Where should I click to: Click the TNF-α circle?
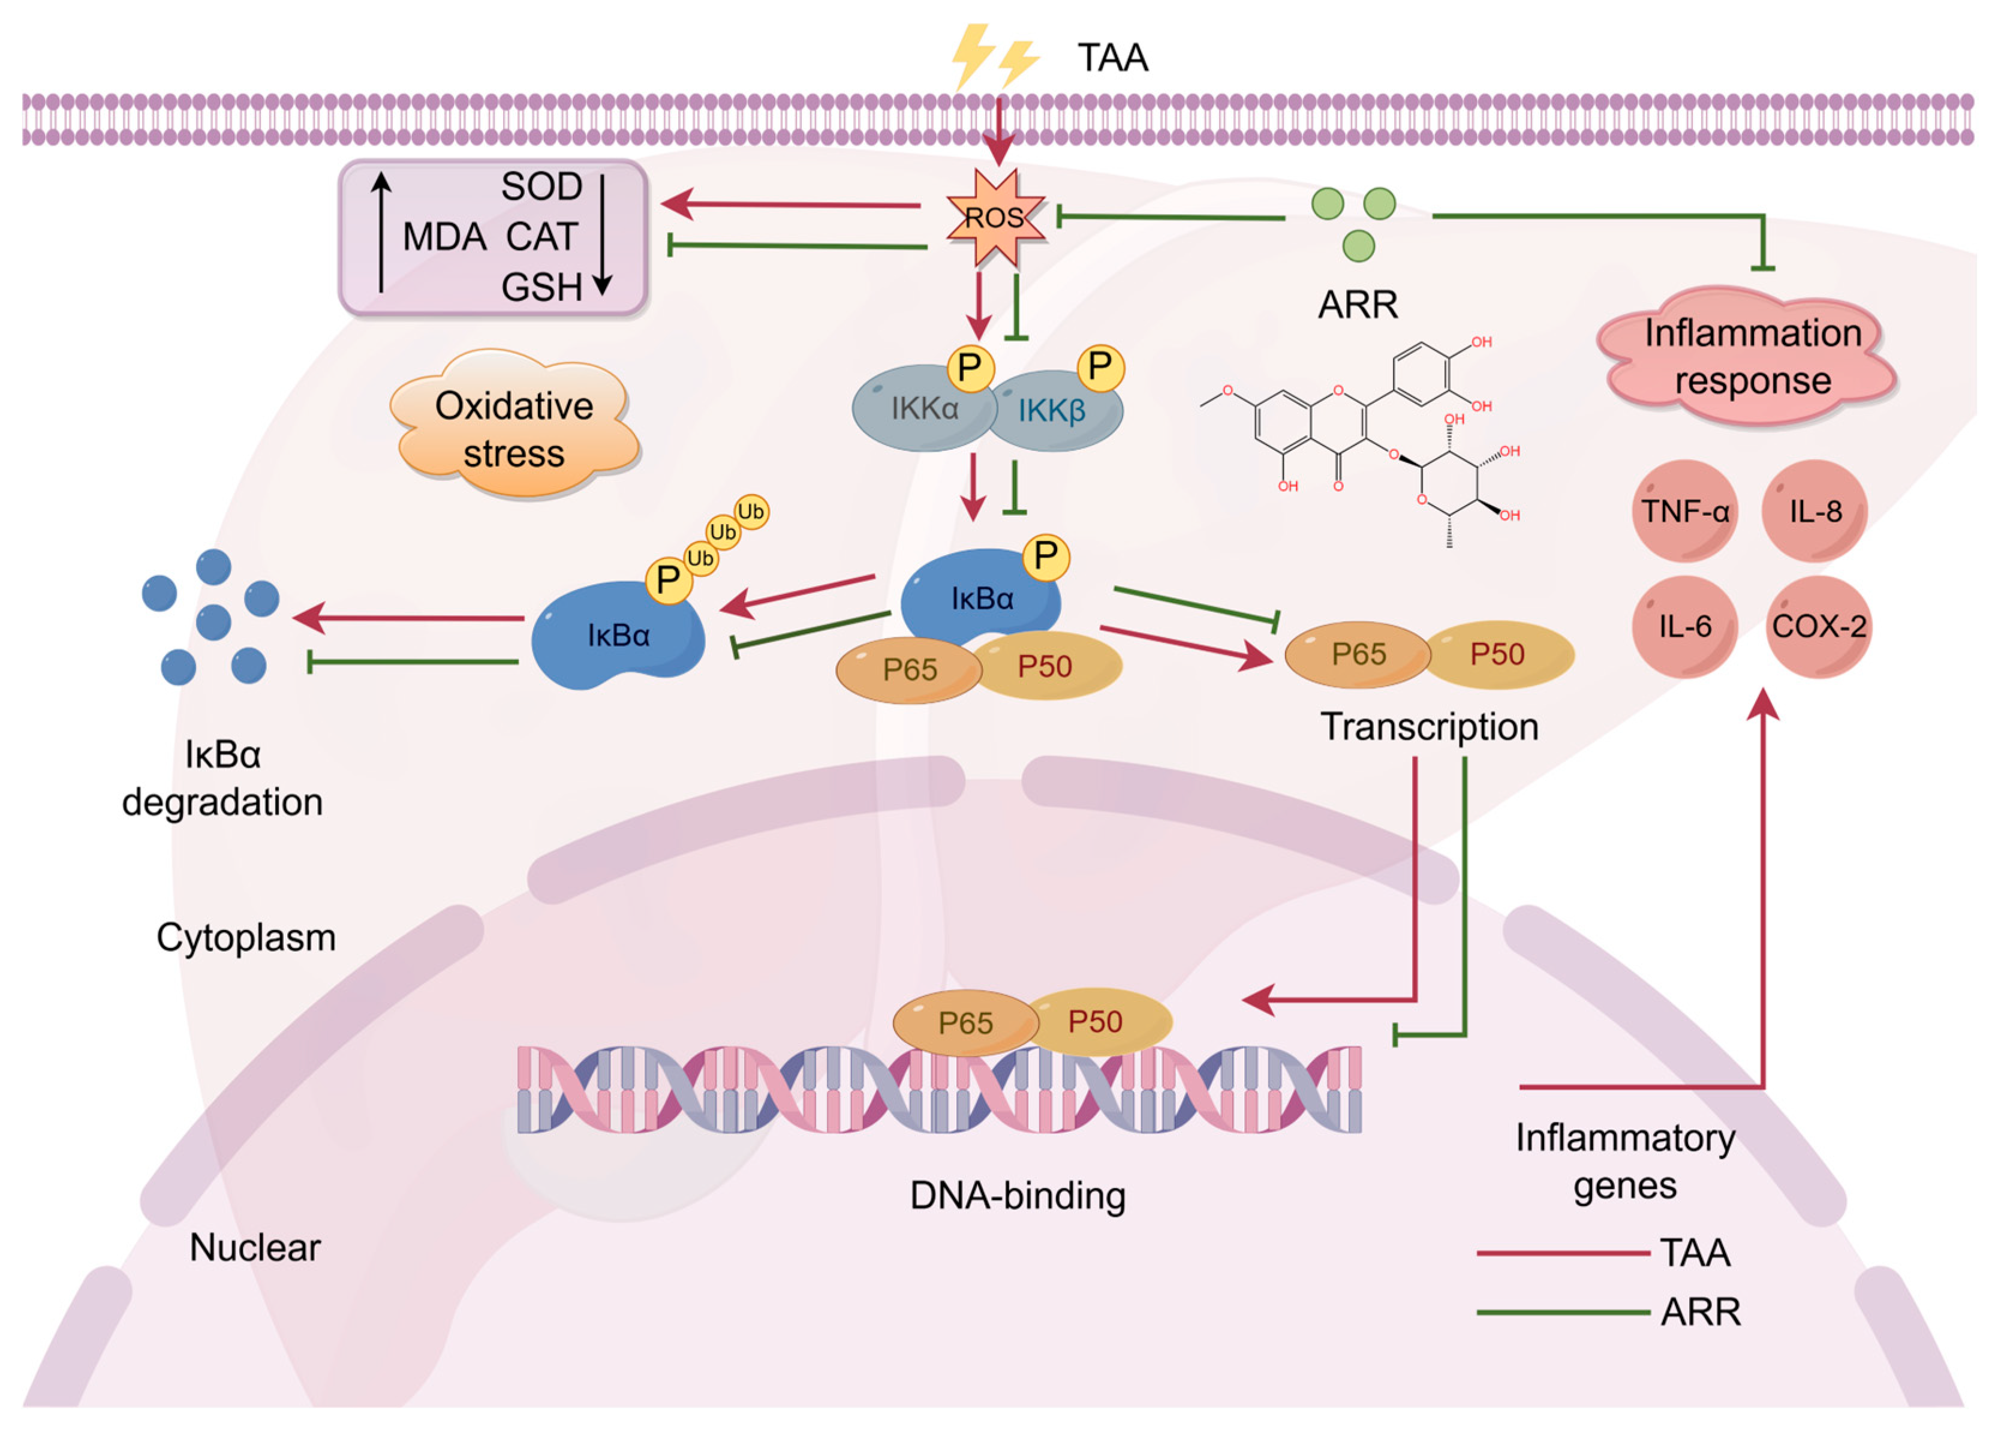(x=1685, y=512)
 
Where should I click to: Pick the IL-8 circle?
(x=1815, y=512)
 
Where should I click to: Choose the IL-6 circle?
(x=1685, y=627)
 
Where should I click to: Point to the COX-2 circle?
(x=1819, y=627)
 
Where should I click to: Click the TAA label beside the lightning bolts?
(x=1113, y=58)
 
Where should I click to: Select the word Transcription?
(x=1429, y=727)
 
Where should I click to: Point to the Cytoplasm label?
(x=246, y=938)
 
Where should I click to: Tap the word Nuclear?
(x=255, y=1248)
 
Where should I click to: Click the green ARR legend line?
(x=1563, y=1313)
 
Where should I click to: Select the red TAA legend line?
(x=1563, y=1253)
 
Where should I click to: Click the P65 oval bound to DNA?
(x=965, y=1022)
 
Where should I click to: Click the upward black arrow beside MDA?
(x=381, y=231)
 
